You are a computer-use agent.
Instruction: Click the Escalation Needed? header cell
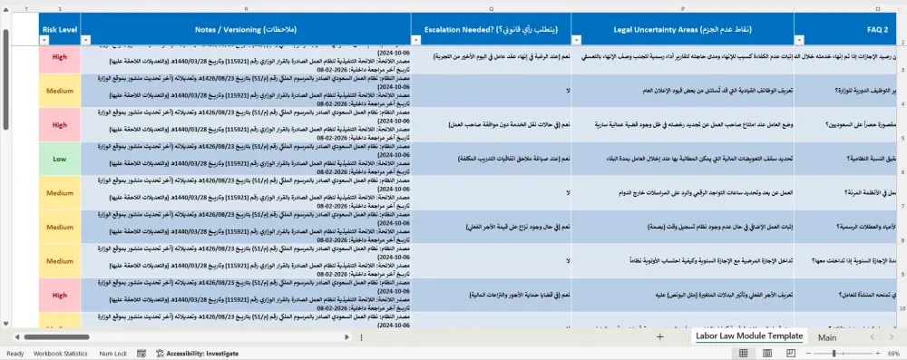(x=491, y=29)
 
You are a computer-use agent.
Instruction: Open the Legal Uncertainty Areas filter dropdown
(x=579, y=40)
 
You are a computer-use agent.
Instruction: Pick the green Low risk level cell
(x=60, y=159)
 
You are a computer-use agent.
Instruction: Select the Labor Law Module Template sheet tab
(x=748, y=336)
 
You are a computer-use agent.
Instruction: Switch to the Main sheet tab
(x=827, y=337)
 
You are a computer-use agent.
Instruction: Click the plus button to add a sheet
(x=660, y=337)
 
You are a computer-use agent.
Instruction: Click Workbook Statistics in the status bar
(x=61, y=353)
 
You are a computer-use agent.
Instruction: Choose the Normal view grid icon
(x=744, y=353)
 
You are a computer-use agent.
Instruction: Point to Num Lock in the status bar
(x=113, y=353)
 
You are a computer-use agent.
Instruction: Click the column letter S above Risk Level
(x=60, y=8)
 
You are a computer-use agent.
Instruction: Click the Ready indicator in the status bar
(x=15, y=353)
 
